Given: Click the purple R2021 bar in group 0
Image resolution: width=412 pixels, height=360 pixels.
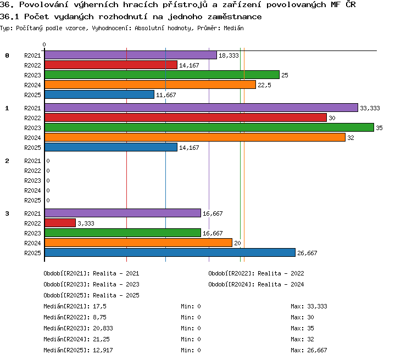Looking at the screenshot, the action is (x=131, y=55).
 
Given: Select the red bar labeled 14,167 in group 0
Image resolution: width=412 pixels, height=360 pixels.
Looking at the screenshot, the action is (x=111, y=65).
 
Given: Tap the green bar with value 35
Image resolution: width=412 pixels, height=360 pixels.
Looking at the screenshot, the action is (x=209, y=127).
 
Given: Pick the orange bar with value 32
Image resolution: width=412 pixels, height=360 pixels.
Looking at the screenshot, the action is (x=195, y=137).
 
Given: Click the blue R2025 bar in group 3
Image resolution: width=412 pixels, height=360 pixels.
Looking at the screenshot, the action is (x=170, y=252).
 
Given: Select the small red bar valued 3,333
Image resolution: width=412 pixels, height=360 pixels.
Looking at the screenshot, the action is (x=60, y=223).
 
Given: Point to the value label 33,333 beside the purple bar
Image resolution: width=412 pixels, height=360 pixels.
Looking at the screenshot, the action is (x=370, y=108).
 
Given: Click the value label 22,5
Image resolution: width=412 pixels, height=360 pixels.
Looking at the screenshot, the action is (x=264, y=85).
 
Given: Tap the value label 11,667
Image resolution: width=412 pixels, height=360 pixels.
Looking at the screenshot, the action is (x=166, y=95).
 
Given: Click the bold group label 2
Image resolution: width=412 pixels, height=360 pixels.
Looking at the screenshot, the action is (x=7, y=161).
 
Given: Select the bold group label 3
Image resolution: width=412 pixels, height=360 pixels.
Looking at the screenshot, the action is (x=7, y=213).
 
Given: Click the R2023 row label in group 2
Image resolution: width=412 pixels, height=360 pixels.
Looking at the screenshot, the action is (x=32, y=181).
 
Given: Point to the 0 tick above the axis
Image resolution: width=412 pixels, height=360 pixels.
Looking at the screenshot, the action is (x=44, y=44).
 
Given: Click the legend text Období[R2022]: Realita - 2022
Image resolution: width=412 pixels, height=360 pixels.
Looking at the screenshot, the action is (x=256, y=273).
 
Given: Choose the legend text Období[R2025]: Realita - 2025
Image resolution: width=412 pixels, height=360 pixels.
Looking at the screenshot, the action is (x=91, y=295).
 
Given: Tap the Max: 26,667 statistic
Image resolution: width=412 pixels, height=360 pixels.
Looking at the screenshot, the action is (x=309, y=350).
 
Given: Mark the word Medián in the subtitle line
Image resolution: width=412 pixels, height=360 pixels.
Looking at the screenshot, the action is (x=233, y=28).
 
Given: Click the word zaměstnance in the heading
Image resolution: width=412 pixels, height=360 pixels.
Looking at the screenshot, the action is (x=235, y=17).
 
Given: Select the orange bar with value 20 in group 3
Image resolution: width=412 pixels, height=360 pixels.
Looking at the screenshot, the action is (x=138, y=243).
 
